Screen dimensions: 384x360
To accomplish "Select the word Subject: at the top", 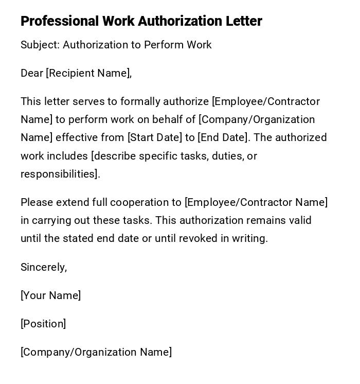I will point(40,45).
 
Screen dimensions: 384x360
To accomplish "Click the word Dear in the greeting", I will point(32,73).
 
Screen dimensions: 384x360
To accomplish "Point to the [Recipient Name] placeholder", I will point(88,73).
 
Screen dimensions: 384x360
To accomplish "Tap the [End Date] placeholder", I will point(223,137).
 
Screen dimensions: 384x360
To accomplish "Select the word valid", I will point(300,220).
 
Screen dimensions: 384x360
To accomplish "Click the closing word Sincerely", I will point(43,267).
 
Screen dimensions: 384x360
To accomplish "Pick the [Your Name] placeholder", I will point(50,295).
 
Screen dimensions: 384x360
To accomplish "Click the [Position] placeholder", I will point(43,324).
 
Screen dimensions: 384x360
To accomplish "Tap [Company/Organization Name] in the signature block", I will point(96,352).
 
